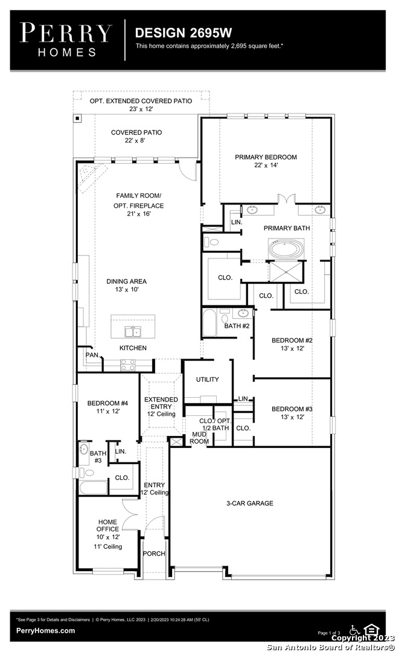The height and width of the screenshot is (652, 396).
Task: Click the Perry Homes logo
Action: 66,40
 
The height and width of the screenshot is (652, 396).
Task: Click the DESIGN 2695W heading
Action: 184,33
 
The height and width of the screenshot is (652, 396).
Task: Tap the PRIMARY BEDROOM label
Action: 266,157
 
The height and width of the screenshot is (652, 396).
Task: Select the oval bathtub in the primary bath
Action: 286,250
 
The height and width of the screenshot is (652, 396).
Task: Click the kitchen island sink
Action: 133,331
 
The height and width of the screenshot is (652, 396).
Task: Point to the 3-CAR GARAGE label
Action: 249,503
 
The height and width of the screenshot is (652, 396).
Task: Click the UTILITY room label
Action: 207,379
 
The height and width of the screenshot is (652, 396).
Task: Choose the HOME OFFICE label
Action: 107,525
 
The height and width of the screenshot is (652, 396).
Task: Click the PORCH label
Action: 154,554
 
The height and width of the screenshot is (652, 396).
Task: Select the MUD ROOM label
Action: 199,438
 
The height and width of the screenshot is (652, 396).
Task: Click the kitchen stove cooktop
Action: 128,365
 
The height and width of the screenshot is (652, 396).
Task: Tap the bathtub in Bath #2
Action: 209,322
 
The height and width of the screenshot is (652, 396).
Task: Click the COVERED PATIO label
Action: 136,132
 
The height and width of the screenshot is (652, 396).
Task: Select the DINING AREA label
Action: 126,281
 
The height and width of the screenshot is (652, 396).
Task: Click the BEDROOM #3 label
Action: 292,409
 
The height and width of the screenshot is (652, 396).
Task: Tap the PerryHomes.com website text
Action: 46,630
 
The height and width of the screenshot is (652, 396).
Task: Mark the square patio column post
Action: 77,118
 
